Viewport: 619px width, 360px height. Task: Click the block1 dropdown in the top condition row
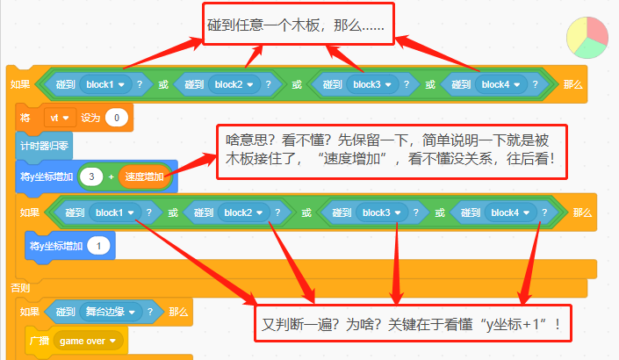105,84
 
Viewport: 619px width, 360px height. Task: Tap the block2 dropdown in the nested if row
243,212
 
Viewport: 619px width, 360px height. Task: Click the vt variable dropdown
60,118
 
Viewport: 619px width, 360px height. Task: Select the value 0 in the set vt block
117,118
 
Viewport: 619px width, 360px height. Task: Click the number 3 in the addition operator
91,176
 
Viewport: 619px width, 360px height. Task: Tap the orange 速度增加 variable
145,176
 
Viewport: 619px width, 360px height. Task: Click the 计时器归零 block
44,147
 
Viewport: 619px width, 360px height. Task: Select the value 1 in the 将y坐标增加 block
98,246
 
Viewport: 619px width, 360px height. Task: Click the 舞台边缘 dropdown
111,312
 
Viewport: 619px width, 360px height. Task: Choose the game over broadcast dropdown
88,341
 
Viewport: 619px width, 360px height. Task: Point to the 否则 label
20,288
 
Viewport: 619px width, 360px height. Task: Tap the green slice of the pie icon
589,48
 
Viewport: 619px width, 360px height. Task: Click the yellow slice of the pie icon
576,35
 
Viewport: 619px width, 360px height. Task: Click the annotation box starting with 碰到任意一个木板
299,24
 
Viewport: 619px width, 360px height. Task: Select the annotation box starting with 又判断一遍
413,323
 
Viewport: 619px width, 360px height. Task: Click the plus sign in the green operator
111,176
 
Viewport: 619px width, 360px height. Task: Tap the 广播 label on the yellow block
40,341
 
